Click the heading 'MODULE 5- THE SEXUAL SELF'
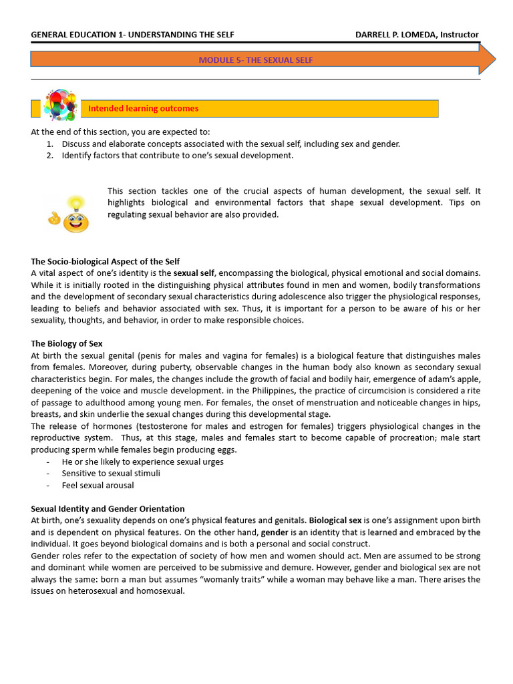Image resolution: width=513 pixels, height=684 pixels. (255, 60)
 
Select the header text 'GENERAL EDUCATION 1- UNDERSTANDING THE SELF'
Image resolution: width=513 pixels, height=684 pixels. (132, 35)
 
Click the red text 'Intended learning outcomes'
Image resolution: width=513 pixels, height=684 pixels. (143, 108)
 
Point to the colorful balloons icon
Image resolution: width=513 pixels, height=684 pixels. (60, 106)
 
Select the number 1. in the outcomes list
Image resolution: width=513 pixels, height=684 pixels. (50, 144)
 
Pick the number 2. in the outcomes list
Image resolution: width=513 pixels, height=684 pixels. (50, 156)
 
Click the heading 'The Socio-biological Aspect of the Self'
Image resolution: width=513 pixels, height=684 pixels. (105, 261)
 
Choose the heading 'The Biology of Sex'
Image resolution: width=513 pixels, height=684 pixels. (66, 343)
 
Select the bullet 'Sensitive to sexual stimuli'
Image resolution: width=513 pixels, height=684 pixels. (111, 473)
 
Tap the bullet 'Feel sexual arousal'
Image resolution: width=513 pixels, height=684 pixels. (98, 485)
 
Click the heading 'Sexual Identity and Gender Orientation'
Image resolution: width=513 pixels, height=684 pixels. (108, 508)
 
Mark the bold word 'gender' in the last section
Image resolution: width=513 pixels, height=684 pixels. (274, 532)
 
